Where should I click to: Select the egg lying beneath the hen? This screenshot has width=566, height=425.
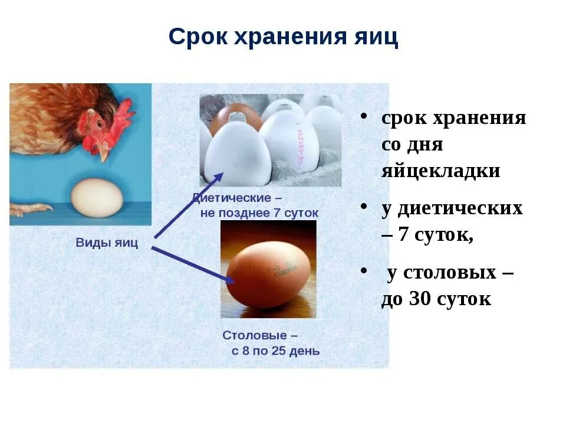point(97,198)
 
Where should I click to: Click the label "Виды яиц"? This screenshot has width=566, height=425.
point(107,243)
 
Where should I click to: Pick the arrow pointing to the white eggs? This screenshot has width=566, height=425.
point(189,204)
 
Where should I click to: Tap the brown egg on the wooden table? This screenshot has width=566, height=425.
point(268,275)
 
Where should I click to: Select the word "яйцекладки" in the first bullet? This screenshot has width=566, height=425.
point(440,171)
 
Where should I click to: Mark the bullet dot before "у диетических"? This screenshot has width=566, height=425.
point(366,208)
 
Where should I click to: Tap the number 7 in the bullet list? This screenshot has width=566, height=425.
point(404,235)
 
